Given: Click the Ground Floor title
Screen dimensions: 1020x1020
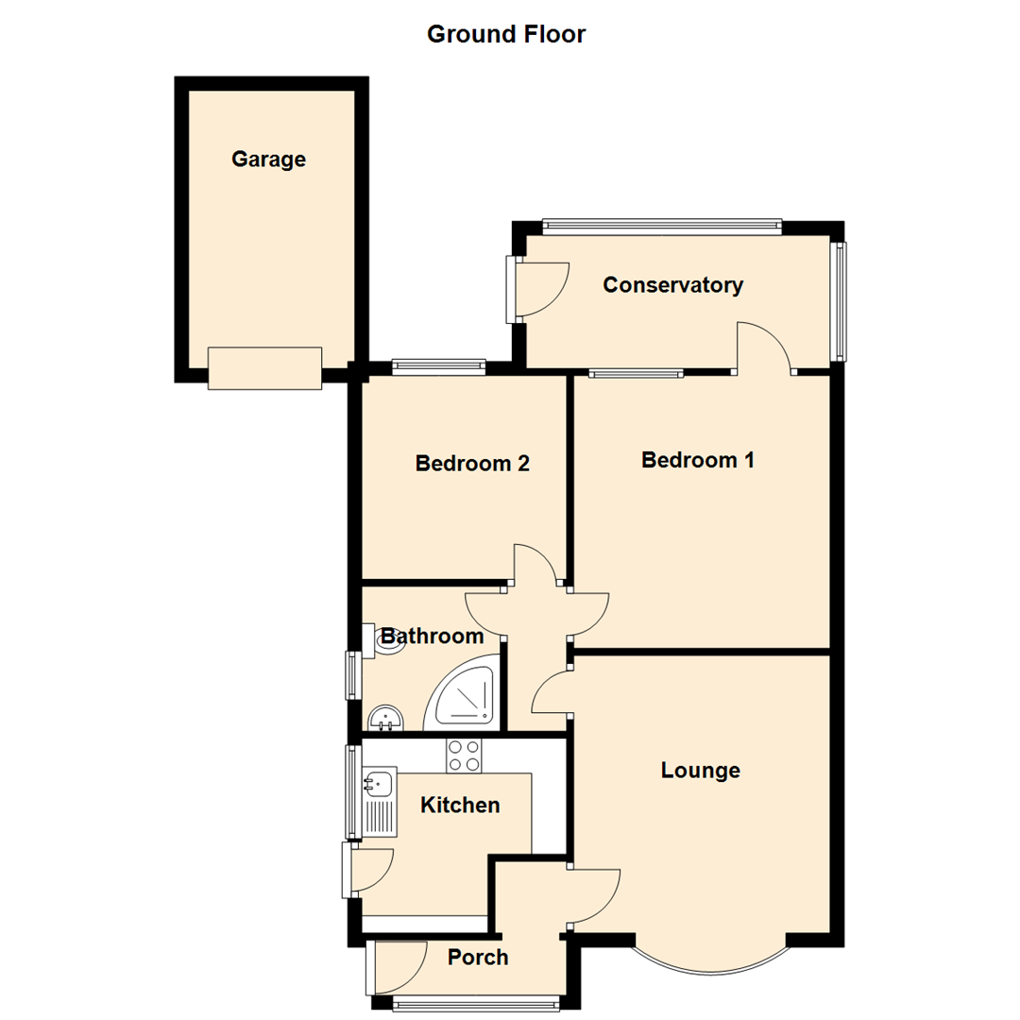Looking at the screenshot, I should pyautogui.click(x=506, y=35).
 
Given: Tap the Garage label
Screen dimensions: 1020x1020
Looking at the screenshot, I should pyautogui.click(x=268, y=160).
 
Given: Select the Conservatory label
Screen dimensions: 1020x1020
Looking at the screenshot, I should pyautogui.click(x=673, y=285).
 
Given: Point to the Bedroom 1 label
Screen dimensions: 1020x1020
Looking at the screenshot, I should pyautogui.click(x=698, y=460).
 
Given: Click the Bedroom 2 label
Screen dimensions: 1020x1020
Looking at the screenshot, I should pyautogui.click(x=472, y=464).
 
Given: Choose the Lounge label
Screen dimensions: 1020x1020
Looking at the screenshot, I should pyautogui.click(x=700, y=771).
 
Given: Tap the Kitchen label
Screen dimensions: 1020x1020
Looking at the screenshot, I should pyautogui.click(x=460, y=806).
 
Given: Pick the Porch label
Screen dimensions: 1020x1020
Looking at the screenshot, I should pyautogui.click(x=478, y=958).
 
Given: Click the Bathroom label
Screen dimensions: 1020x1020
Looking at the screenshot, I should pyautogui.click(x=433, y=637).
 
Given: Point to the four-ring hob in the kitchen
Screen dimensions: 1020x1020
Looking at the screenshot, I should pyautogui.click(x=464, y=755).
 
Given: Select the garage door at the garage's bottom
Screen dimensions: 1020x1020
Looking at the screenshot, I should pyautogui.click(x=265, y=368).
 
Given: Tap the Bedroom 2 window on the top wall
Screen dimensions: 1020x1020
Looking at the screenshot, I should pyautogui.click(x=438, y=365).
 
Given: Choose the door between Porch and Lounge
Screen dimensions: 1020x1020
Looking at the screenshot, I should pyautogui.click(x=593, y=895).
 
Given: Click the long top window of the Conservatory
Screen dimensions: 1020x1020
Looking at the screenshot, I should pyautogui.click(x=662, y=226).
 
